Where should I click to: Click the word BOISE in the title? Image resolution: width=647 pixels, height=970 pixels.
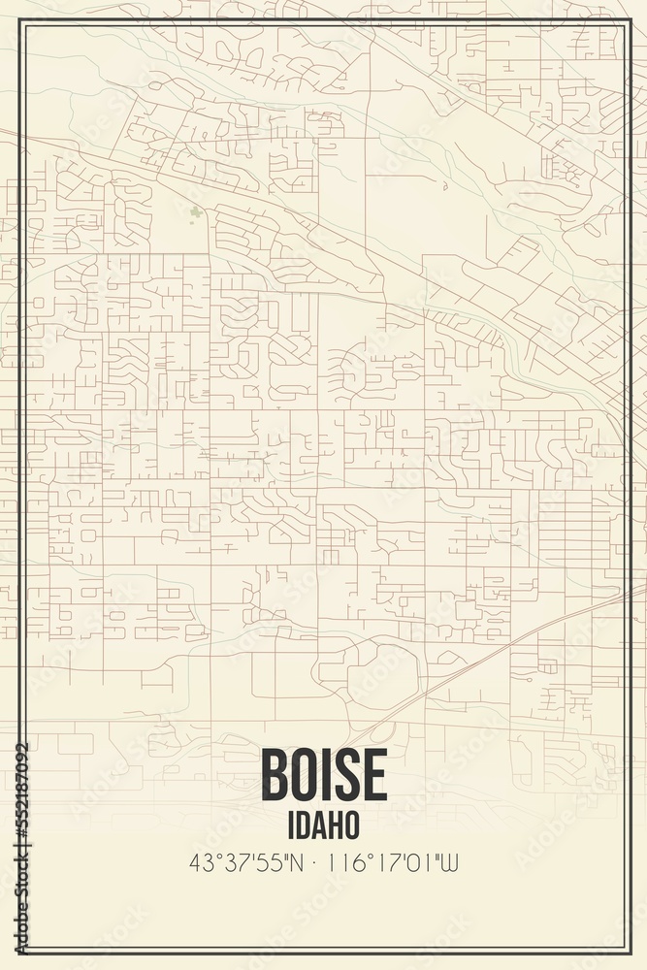click(323, 776)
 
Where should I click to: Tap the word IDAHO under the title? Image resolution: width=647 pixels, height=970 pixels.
click(323, 824)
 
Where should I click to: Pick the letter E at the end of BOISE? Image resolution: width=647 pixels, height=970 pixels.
click(373, 776)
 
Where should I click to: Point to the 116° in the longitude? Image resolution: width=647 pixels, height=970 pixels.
click(346, 860)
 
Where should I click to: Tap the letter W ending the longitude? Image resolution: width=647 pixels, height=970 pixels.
click(449, 860)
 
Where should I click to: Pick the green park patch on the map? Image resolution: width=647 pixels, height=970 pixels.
click(196, 211)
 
